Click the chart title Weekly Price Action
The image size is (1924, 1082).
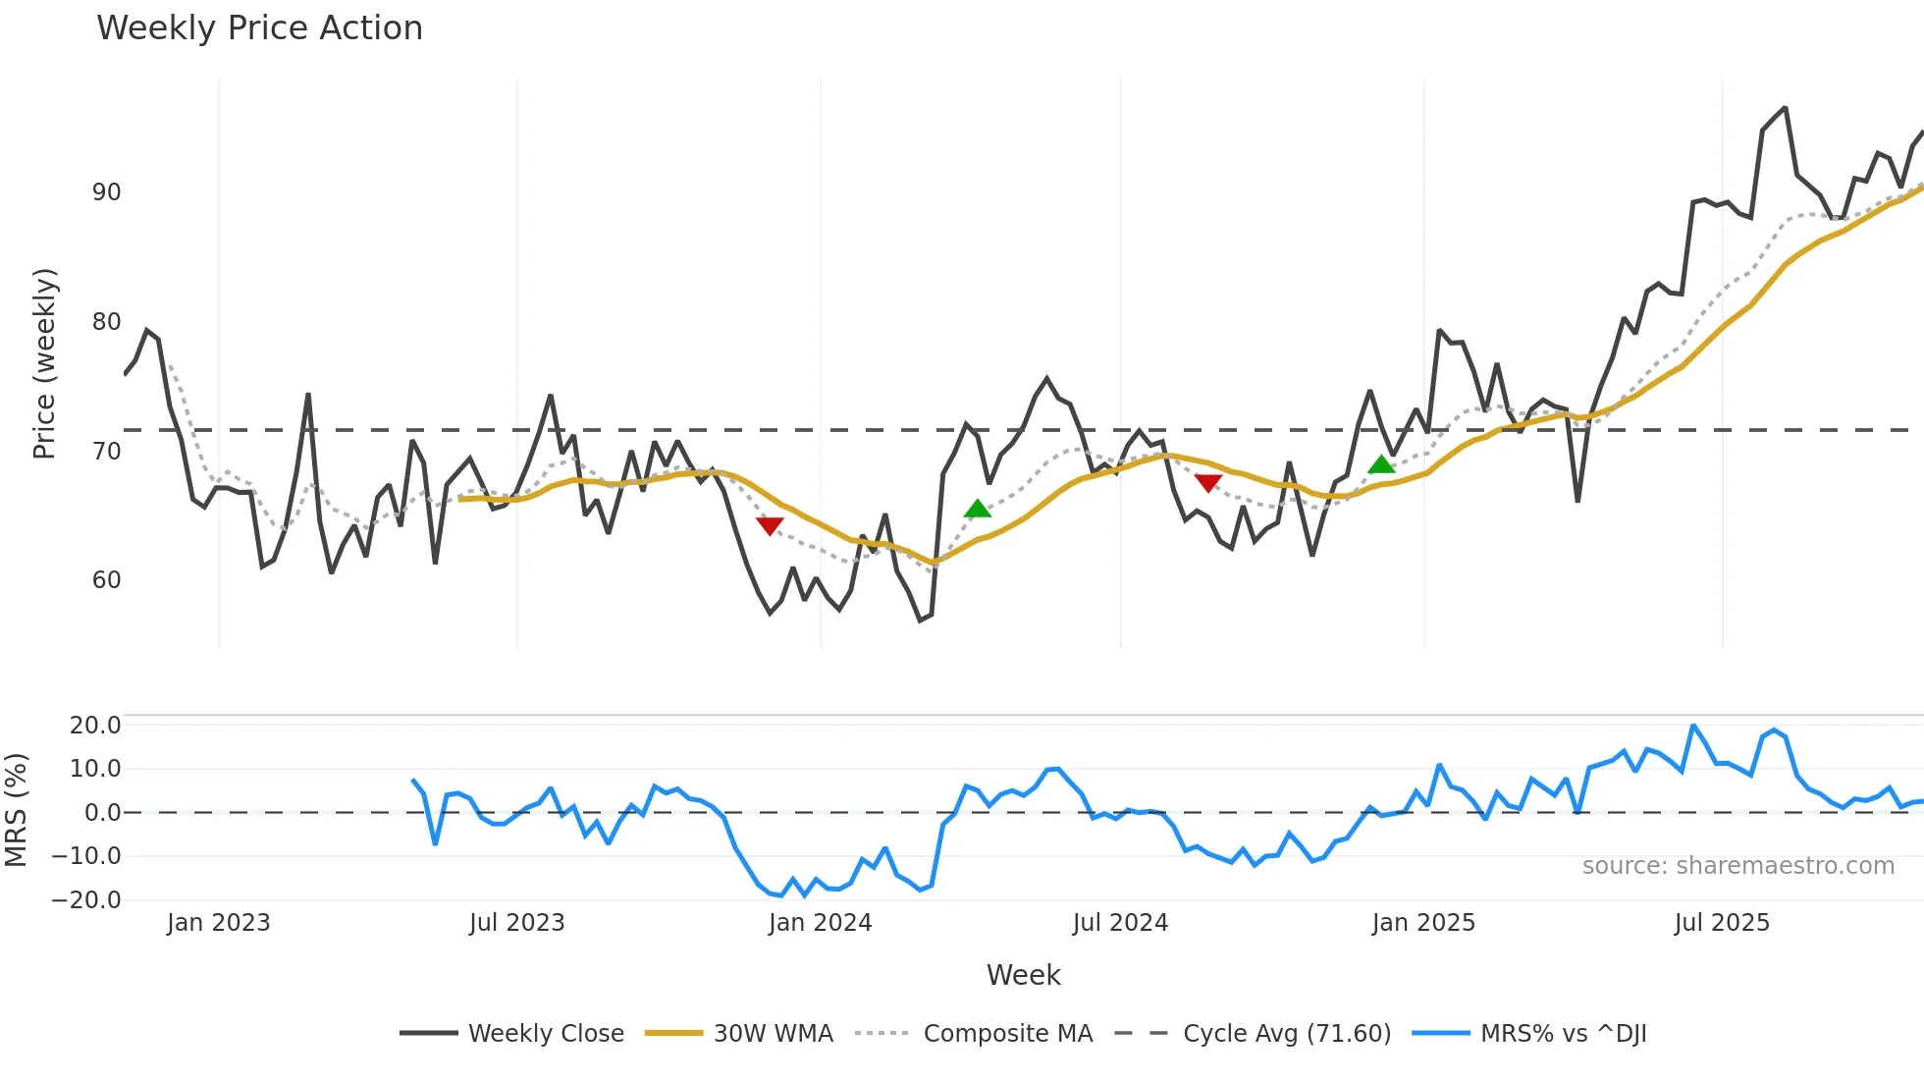(x=259, y=28)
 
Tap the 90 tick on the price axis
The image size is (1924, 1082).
(x=106, y=192)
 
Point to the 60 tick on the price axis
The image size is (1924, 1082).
(x=106, y=580)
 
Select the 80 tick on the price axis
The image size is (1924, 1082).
(x=106, y=322)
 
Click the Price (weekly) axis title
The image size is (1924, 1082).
(x=44, y=363)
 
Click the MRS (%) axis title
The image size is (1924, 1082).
(x=16, y=810)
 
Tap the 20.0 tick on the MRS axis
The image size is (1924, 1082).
(x=95, y=726)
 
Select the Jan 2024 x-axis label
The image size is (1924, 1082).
(x=820, y=923)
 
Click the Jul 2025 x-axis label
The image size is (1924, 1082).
(x=1722, y=923)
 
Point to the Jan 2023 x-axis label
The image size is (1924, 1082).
(x=218, y=923)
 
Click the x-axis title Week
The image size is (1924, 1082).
(x=1023, y=975)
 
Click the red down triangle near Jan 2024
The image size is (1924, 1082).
(x=770, y=526)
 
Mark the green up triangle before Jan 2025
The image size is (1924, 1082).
(x=1381, y=464)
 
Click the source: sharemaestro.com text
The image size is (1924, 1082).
(x=1737, y=866)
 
